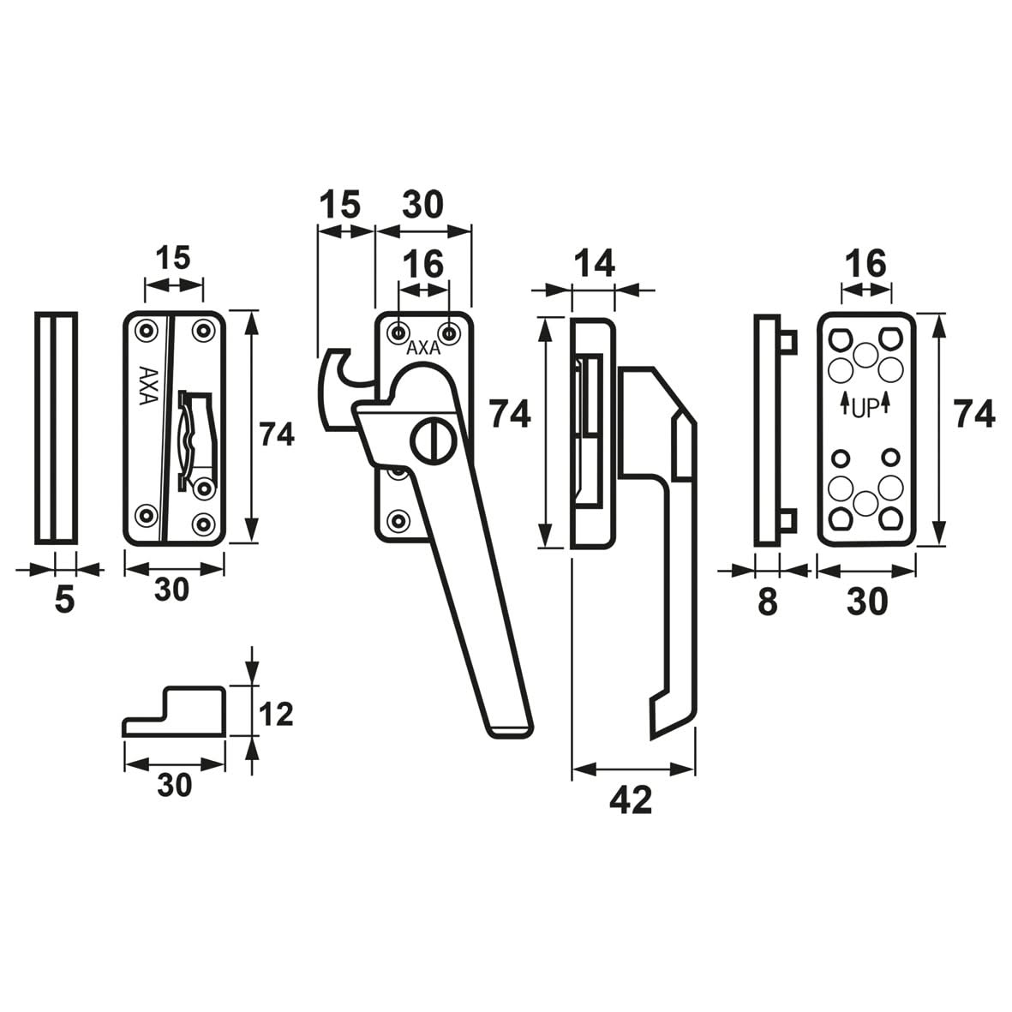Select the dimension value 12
275,713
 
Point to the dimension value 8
767,602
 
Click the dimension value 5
64,600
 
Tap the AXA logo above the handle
423,349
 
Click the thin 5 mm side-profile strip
57,428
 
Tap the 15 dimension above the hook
339,206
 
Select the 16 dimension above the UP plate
865,264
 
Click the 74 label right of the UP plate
975,415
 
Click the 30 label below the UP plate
866,602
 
